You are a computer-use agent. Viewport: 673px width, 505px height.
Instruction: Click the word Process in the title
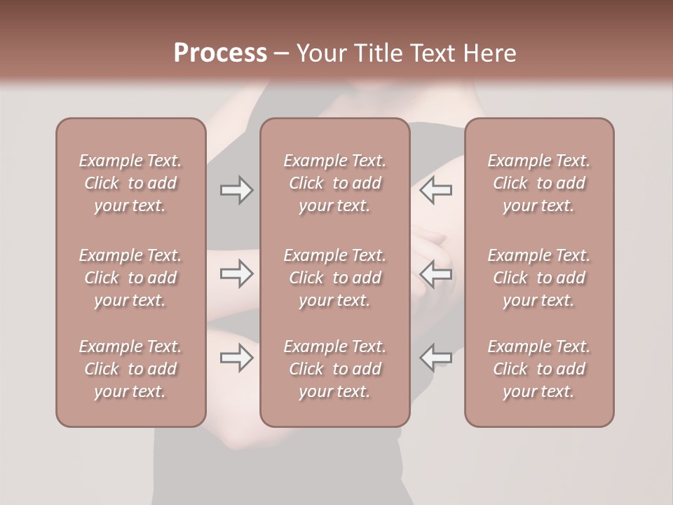(220, 53)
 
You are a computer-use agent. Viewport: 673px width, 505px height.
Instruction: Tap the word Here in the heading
(489, 53)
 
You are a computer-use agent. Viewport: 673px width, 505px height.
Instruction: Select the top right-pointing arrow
(236, 190)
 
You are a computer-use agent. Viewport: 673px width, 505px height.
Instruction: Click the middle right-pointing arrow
(236, 274)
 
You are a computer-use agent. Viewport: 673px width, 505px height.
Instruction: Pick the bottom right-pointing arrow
(236, 358)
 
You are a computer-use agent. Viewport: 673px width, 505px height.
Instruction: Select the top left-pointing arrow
(436, 190)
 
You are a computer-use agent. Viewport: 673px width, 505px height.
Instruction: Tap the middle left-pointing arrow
(436, 274)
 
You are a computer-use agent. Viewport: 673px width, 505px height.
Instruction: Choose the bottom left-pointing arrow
(436, 358)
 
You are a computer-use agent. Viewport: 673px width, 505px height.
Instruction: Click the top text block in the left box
(130, 183)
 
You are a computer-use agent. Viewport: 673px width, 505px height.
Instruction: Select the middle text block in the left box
(130, 278)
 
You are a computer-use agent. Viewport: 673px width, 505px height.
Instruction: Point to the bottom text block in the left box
(130, 369)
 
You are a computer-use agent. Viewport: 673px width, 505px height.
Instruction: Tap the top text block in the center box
(334, 183)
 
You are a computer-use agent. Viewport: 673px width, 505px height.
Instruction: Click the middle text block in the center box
(334, 278)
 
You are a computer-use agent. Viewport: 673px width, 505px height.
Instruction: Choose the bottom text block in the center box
(334, 369)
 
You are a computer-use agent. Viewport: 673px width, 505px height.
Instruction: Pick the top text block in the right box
(538, 183)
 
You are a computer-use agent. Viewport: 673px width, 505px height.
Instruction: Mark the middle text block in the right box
(538, 278)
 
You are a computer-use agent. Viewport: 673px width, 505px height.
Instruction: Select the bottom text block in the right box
(538, 369)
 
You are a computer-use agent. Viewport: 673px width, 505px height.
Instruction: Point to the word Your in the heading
(322, 53)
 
